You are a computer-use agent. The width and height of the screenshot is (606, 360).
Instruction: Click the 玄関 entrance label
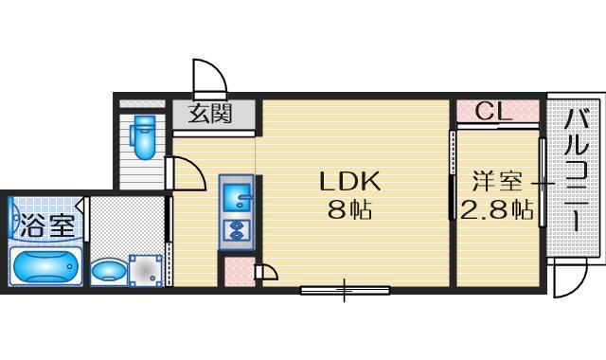[x=210, y=114]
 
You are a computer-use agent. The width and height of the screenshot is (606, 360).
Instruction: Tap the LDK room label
[x=350, y=181]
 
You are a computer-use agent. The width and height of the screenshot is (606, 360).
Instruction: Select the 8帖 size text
[x=349, y=210]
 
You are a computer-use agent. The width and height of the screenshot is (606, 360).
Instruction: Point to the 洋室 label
[x=497, y=181]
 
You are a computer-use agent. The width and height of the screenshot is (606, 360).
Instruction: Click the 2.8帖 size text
[x=497, y=210]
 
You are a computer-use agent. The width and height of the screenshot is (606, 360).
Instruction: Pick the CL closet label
[x=493, y=111]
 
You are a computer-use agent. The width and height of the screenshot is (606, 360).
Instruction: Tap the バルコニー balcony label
[x=577, y=171]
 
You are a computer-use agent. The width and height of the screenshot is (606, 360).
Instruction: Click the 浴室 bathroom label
[x=47, y=225]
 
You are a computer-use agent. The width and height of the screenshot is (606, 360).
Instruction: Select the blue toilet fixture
[x=143, y=137]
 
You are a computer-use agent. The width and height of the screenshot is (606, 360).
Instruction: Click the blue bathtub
[x=45, y=266]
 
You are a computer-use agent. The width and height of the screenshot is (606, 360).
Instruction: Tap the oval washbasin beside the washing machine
[x=109, y=269]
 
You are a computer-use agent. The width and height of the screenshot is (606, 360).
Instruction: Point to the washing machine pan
[x=146, y=271]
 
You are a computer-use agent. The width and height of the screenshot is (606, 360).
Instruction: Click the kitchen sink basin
[x=237, y=198]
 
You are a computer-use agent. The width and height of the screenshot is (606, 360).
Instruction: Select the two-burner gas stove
[x=237, y=230]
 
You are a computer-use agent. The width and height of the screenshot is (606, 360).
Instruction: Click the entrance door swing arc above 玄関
[x=209, y=77]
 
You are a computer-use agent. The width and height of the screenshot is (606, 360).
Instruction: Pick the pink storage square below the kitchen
[x=240, y=272]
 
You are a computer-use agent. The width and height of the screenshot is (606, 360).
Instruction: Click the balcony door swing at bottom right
[x=570, y=278]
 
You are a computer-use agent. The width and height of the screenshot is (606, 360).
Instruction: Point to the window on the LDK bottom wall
[x=345, y=290]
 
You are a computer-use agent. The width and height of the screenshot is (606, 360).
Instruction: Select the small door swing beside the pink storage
[x=266, y=272]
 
